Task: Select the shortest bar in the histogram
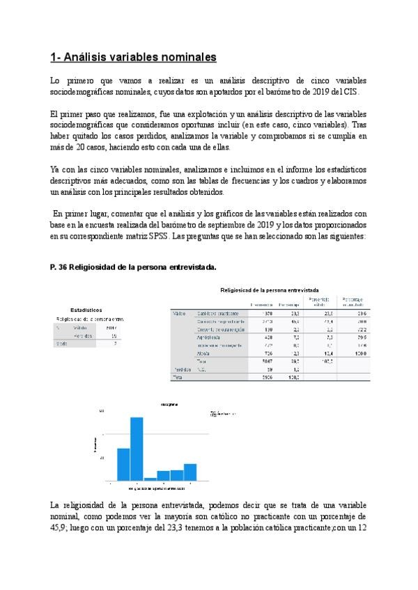pyautogui.click(x=150, y=479)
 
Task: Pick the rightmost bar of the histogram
pyautogui.click(x=189, y=472)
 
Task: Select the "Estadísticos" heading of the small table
pyautogui.click(x=86, y=310)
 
